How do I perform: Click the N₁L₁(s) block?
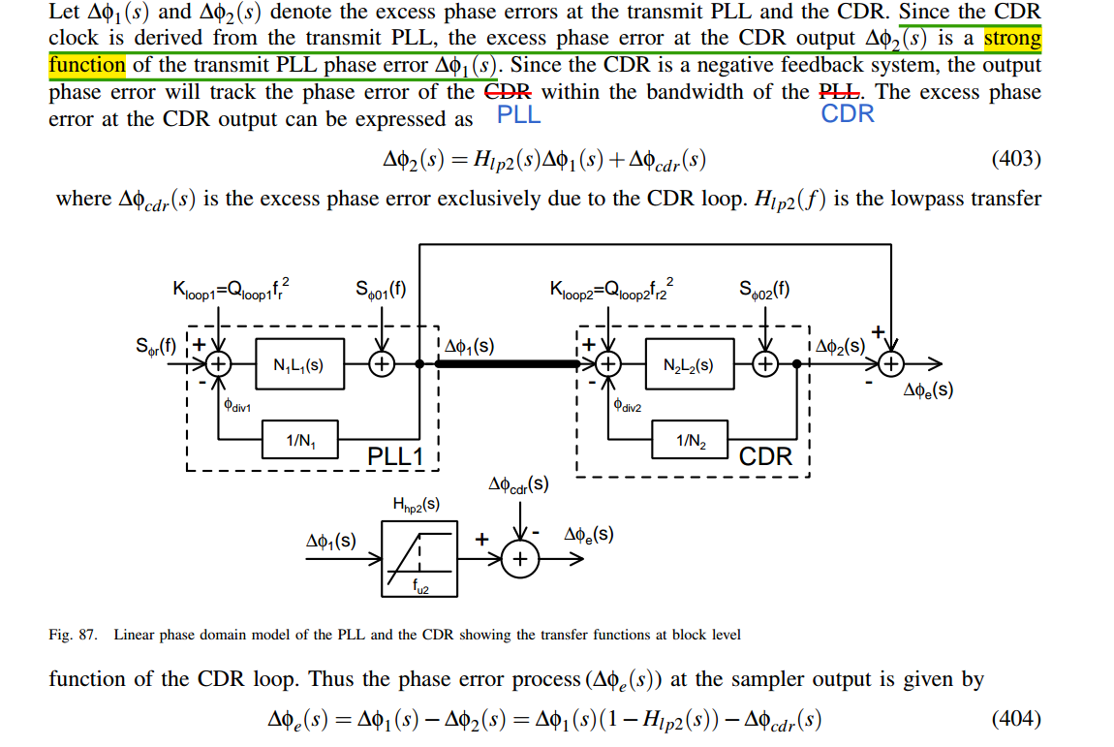point(298,365)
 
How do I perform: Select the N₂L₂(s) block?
point(689,365)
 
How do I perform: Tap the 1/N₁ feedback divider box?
point(298,442)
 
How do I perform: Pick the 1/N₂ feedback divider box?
point(689,442)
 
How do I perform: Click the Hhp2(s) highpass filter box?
point(419,557)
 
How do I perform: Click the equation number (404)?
point(1016,719)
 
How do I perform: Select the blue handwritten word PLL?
point(518,115)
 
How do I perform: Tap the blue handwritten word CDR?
point(848,114)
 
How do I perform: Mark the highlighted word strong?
point(1012,40)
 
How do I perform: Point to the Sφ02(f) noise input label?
point(764,288)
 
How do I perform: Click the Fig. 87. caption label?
point(74,636)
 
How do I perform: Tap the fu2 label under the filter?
point(419,585)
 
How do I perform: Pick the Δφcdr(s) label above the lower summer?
point(519,483)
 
